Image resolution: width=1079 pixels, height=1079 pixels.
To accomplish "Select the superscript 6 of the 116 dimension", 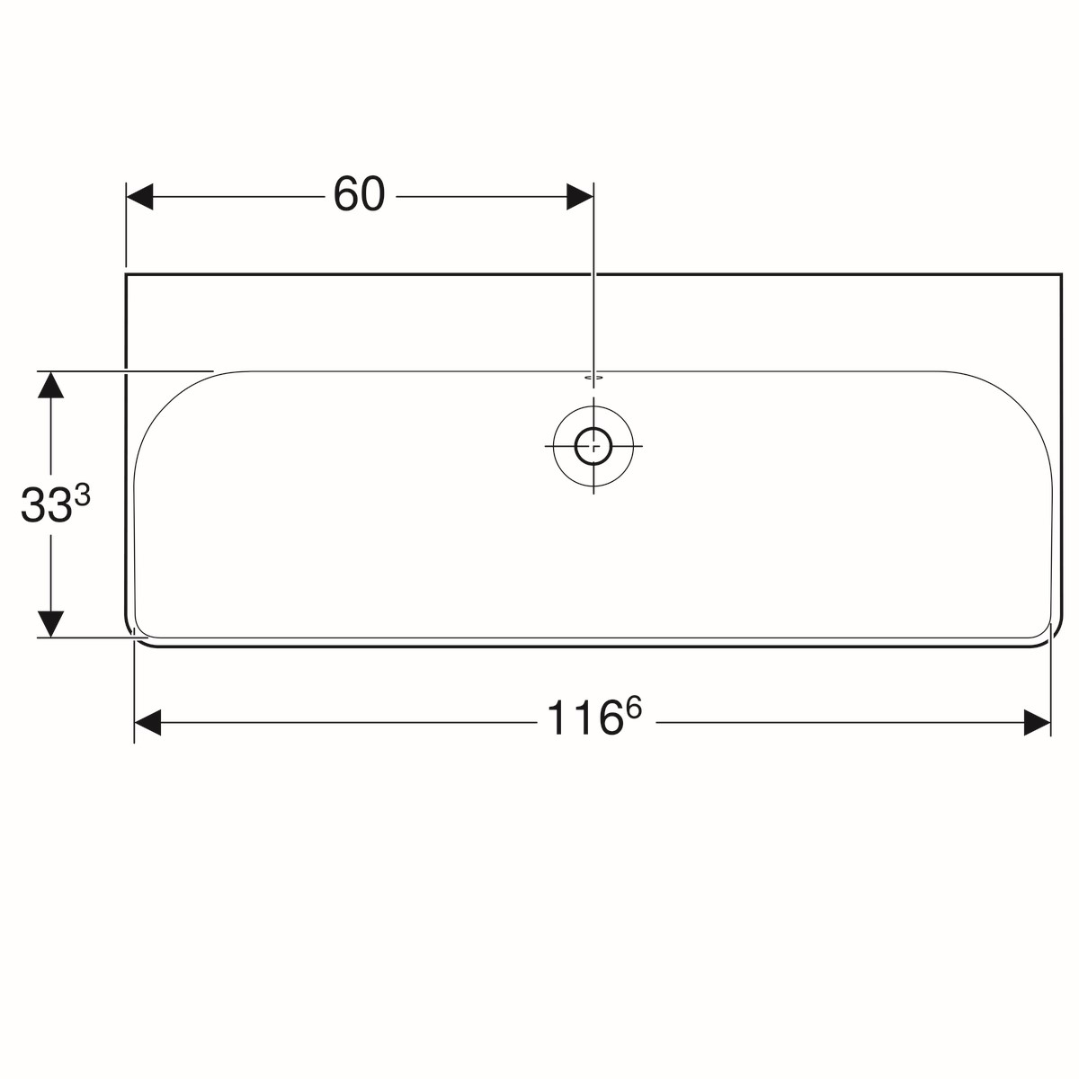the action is [633, 708].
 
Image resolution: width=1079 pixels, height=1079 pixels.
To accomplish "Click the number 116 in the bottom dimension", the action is [584, 718].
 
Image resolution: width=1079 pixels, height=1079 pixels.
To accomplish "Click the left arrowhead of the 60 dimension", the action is [140, 197].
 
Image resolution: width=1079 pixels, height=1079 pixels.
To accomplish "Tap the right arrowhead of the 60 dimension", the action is [580, 197].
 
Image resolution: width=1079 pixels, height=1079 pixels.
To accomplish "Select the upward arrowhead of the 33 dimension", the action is [51, 384].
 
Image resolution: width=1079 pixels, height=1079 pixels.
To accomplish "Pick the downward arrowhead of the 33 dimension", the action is [51, 624].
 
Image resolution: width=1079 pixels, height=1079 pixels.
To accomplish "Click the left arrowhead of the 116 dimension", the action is [147, 722].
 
